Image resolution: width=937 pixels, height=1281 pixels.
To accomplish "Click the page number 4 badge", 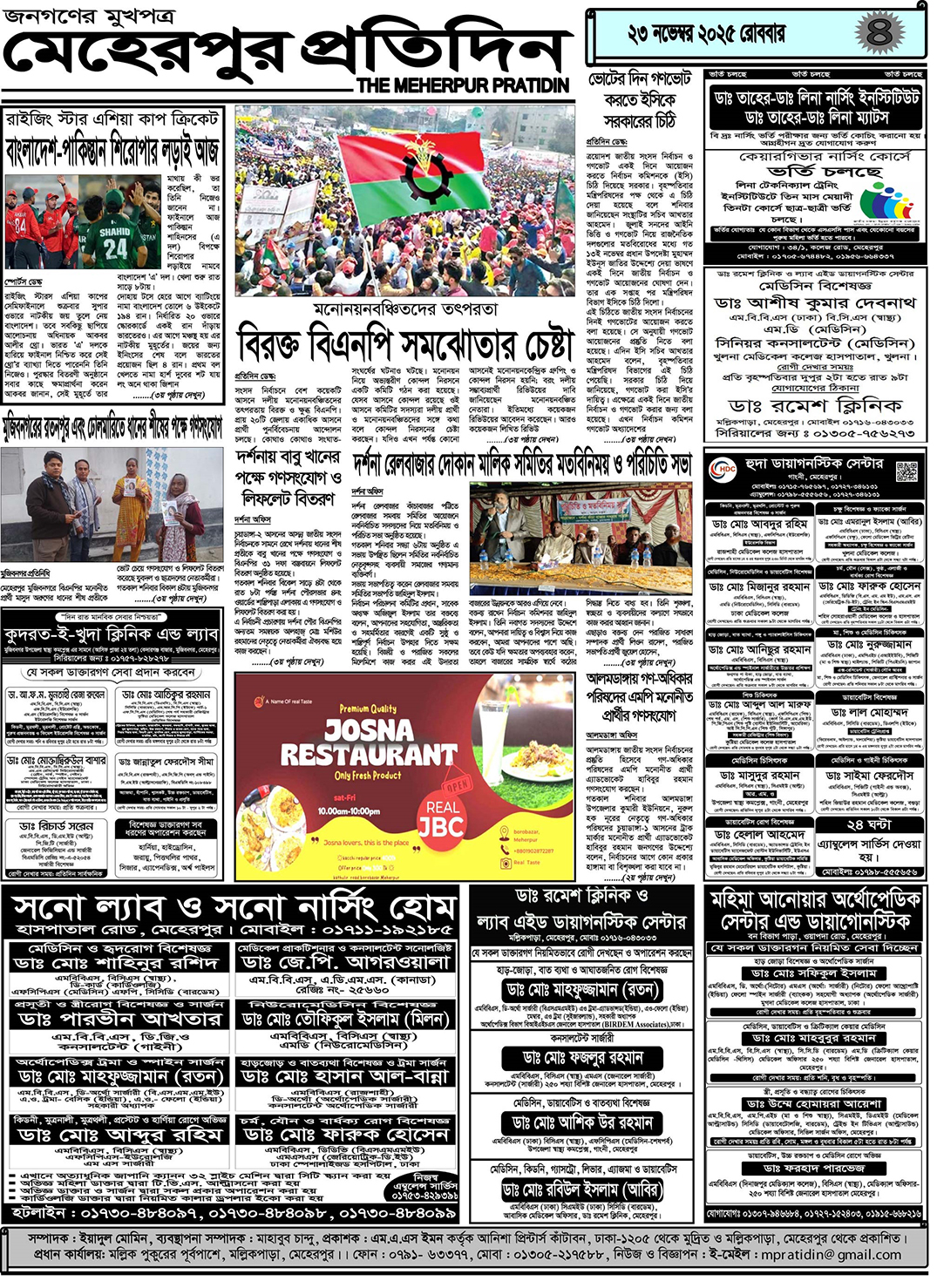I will (x=879, y=34).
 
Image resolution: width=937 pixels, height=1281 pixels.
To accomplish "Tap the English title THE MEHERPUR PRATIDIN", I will (x=463, y=85).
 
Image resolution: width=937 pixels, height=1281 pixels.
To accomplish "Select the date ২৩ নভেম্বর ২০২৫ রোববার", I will (x=706, y=35).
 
